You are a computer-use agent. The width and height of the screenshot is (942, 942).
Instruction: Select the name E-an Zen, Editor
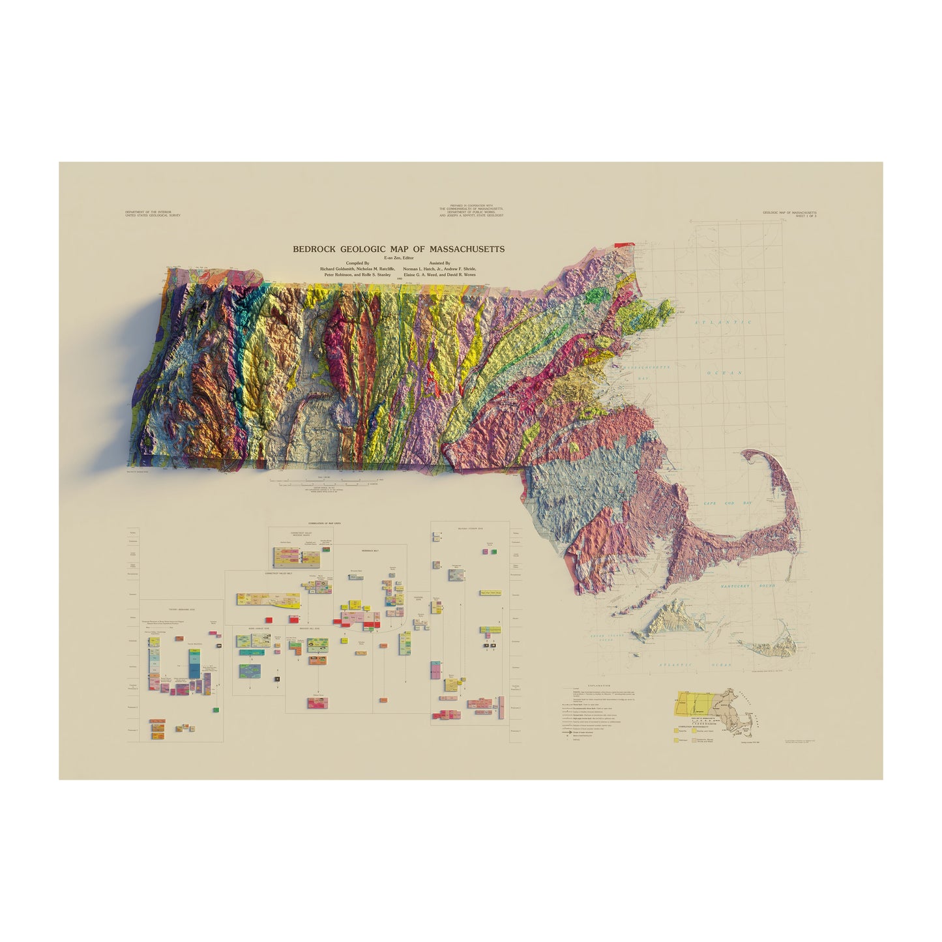398,258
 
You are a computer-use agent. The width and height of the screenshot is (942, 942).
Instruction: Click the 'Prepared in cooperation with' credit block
471,211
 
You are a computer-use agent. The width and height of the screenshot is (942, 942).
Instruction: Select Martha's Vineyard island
668,619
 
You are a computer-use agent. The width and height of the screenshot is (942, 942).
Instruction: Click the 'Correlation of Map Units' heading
325,523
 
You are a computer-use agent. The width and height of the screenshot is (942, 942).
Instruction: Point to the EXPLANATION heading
598,686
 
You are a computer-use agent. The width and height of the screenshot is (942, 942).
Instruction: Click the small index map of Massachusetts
716,711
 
